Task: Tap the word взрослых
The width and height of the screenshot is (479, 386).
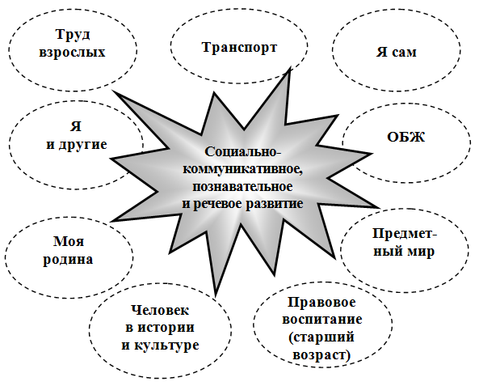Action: coord(73,53)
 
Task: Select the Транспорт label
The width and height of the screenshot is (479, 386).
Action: coord(239,48)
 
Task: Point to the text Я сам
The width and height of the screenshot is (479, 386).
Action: coord(397,52)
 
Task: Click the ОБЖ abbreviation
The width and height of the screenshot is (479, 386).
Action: coord(406,137)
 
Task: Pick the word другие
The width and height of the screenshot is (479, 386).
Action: coord(82,145)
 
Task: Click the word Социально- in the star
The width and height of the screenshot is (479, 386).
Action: coord(242,151)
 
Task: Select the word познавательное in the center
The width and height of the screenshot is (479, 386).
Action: coord(242,186)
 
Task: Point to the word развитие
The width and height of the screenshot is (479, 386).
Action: coord(275,204)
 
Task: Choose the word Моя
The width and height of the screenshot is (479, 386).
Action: coord(69,241)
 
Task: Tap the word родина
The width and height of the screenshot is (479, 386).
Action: coord(68,260)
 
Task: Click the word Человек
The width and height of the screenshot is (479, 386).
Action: coord(160,310)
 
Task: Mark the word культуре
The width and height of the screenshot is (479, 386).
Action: coord(166,346)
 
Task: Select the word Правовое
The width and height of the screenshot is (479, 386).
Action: coord(321,303)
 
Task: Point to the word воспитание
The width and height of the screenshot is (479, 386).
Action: coord(322,320)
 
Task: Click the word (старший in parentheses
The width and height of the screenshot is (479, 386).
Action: coord(321,337)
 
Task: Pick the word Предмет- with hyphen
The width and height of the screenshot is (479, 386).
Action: coord(405,234)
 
